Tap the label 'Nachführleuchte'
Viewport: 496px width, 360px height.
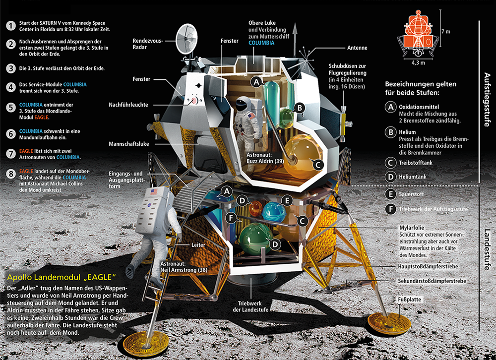131,105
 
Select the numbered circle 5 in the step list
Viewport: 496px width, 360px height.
10,108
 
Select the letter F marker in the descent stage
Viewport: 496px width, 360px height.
230,217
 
